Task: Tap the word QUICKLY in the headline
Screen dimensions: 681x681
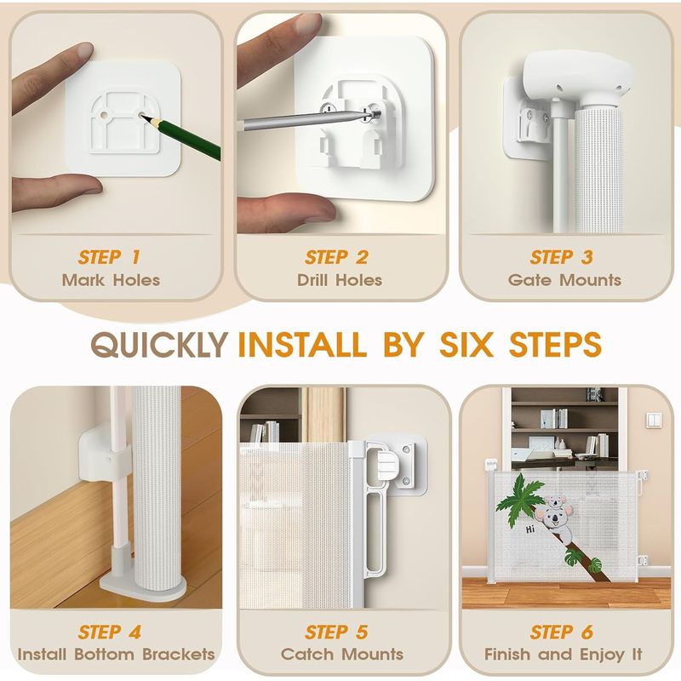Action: [159, 346]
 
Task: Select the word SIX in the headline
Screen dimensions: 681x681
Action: [466, 345]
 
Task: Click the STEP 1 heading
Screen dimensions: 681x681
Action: [109, 257]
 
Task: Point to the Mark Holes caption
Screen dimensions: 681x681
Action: [111, 280]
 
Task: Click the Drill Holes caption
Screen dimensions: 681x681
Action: [339, 280]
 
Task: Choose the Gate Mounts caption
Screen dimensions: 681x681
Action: [564, 280]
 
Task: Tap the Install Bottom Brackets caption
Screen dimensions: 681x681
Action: [116, 654]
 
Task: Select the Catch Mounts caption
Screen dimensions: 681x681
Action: [342, 654]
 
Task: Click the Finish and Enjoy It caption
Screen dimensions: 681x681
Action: [564, 654]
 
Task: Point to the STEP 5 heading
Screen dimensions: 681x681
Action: [336, 632]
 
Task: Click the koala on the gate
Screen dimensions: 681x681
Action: [555, 517]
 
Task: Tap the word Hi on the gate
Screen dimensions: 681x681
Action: [529, 529]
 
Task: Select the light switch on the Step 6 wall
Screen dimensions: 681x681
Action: [654, 420]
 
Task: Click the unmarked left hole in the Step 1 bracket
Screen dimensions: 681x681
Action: [105, 116]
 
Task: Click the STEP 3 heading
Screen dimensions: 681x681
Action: [561, 257]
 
